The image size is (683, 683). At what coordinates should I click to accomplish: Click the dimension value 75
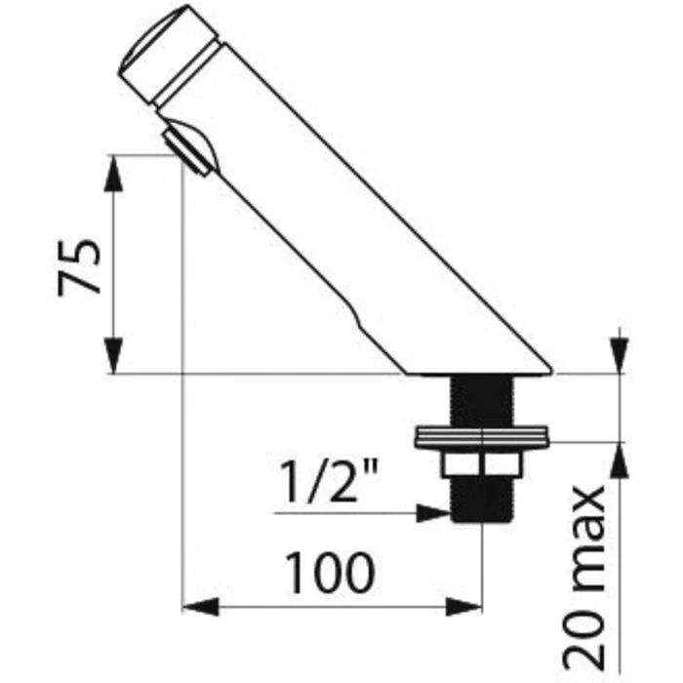point(79,268)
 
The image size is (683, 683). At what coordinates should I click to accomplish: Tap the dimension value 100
point(330,573)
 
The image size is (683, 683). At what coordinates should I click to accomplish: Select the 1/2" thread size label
point(329,482)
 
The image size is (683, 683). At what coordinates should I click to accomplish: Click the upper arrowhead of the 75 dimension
point(113,173)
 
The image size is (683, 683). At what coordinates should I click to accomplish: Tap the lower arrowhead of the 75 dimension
point(113,355)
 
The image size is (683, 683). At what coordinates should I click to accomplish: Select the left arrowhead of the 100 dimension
point(200,607)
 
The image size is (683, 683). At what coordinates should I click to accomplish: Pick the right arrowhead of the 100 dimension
point(464,607)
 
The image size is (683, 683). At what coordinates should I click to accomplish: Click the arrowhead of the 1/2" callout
point(433,513)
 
